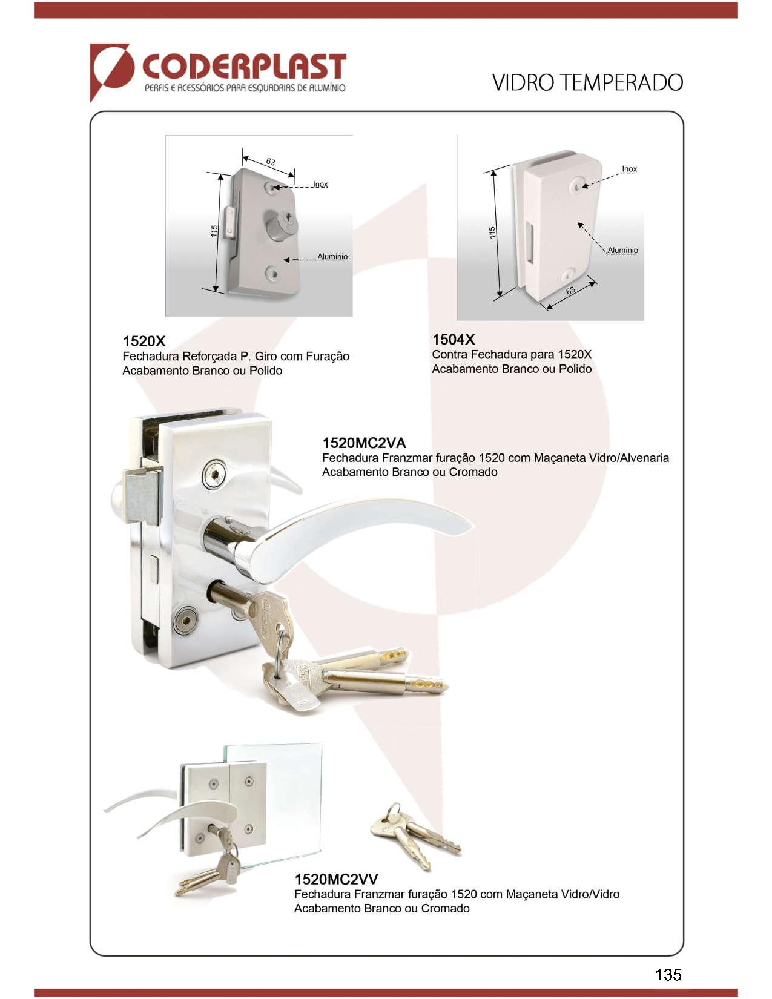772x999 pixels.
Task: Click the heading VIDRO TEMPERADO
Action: (587, 83)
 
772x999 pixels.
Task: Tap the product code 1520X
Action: (144, 341)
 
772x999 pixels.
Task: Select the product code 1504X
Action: (454, 339)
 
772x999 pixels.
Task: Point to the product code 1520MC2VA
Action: (364, 443)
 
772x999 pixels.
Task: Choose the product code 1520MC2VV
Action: (336, 879)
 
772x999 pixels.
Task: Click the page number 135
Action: (668, 974)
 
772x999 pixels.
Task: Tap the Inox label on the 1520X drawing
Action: (320, 184)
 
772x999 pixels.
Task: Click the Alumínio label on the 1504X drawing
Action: (622, 251)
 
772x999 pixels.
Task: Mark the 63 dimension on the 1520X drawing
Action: (271, 162)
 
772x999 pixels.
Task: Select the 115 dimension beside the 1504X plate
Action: (492, 232)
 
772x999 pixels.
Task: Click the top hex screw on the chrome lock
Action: (215, 473)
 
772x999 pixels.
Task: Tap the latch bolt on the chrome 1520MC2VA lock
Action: (142, 496)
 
